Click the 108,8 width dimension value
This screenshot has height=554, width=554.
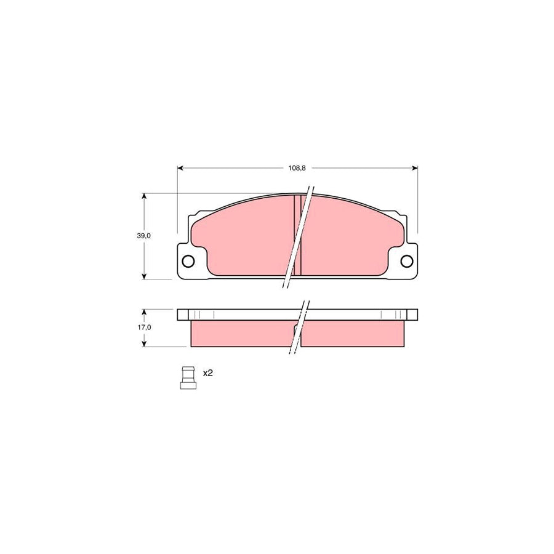point(297,168)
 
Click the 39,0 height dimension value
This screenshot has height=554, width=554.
point(143,236)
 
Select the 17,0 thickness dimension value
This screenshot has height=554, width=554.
point(143,327)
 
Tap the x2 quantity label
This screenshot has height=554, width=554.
point(207,373)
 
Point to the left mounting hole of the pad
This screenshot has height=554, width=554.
point(188,262)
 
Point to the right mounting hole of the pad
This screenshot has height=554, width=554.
point(406,262)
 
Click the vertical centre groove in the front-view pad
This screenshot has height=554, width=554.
point(297,234)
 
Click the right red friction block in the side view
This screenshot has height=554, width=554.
point(354,333)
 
